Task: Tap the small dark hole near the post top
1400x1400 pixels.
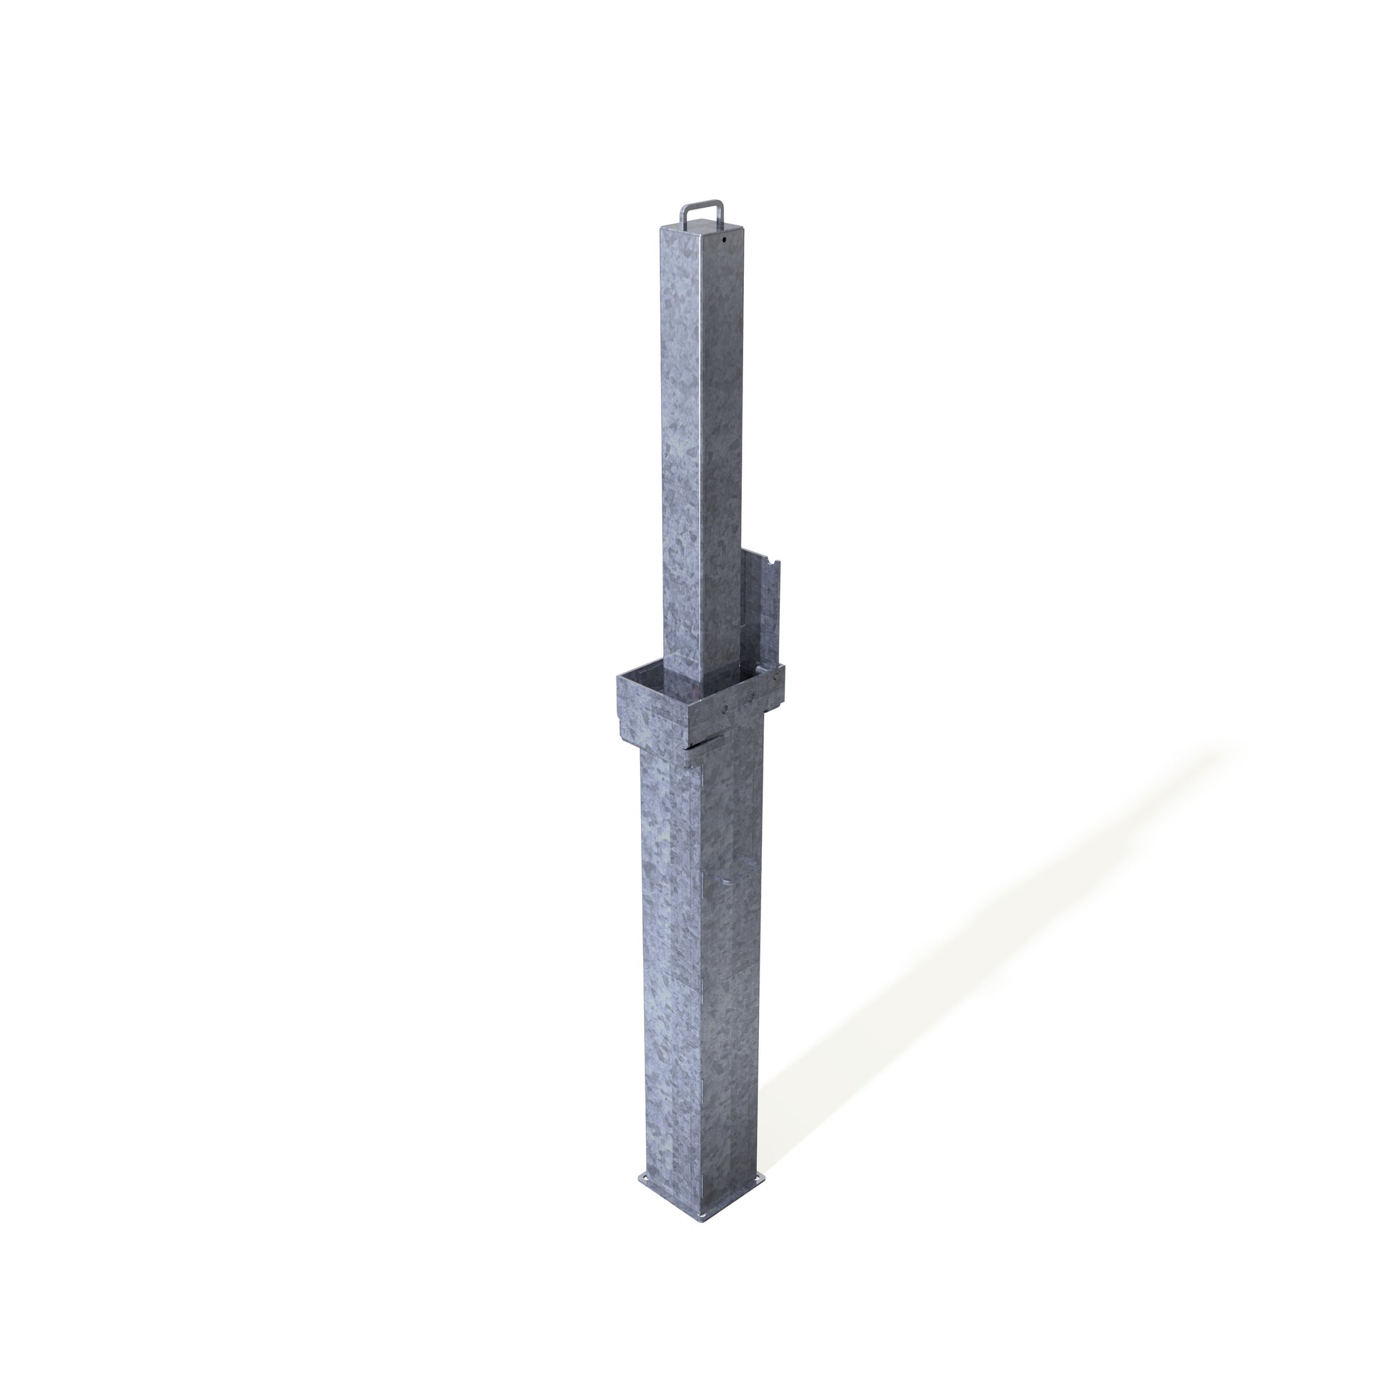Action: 724,237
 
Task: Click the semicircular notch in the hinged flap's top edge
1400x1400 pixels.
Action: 775,562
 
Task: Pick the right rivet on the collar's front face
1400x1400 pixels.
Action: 752,696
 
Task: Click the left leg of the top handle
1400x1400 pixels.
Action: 682,217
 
